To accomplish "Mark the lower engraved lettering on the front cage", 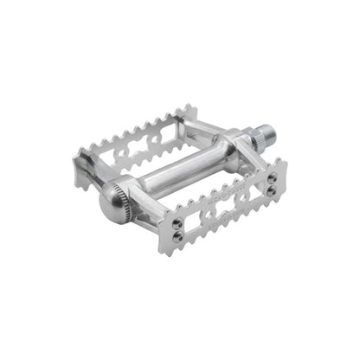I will (232, 217).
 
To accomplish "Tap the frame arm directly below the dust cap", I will (138, 222).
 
